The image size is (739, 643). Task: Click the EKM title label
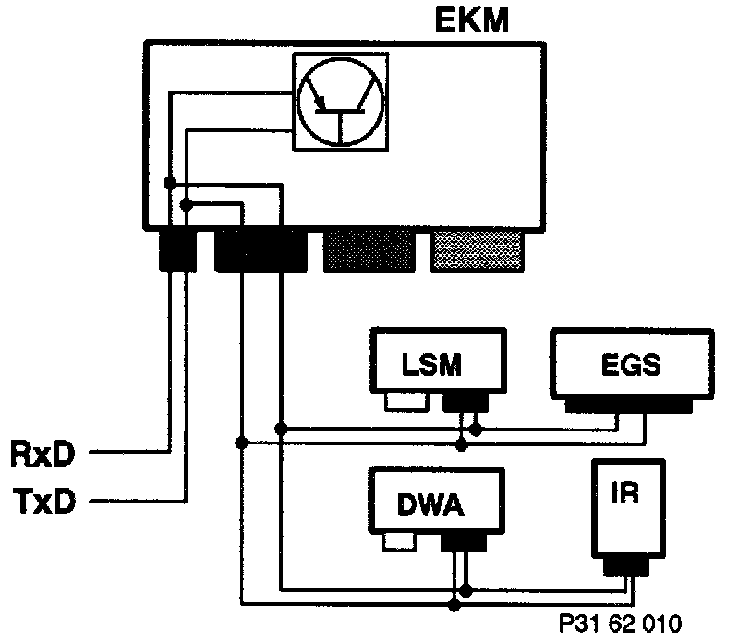[471, 20]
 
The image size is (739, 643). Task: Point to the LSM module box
[439, 363]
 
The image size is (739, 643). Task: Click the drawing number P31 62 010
[623, 624]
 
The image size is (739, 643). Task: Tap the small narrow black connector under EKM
[177, 249]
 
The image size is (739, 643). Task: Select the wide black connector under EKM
[260, 249]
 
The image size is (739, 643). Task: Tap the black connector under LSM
[466, 400]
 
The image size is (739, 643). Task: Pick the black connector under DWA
[464, 540]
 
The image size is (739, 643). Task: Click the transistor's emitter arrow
[319, 98]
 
